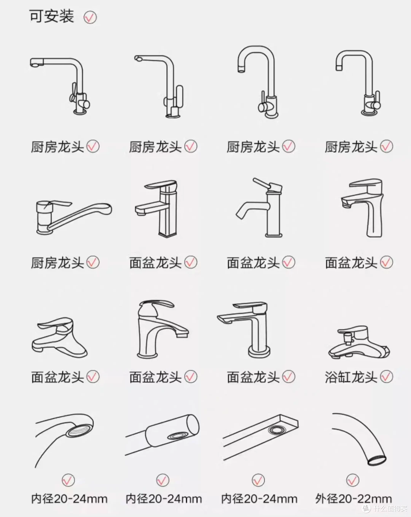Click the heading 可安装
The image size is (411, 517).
point(51,16)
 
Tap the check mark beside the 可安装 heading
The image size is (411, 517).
point(90,17)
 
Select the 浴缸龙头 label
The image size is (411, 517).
point(351,377)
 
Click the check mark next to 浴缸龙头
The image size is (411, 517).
point(387,377)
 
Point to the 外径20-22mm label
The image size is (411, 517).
point(354,499)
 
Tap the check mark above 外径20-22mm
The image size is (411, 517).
point(353,480)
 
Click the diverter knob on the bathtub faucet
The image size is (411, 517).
point(348,338)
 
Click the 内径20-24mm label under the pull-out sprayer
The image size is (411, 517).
point(164,499)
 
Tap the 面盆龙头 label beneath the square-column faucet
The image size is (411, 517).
point(155,262)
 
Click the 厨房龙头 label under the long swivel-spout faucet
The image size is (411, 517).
point(57,262)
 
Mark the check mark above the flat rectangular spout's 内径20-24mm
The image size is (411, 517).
point(258,480)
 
